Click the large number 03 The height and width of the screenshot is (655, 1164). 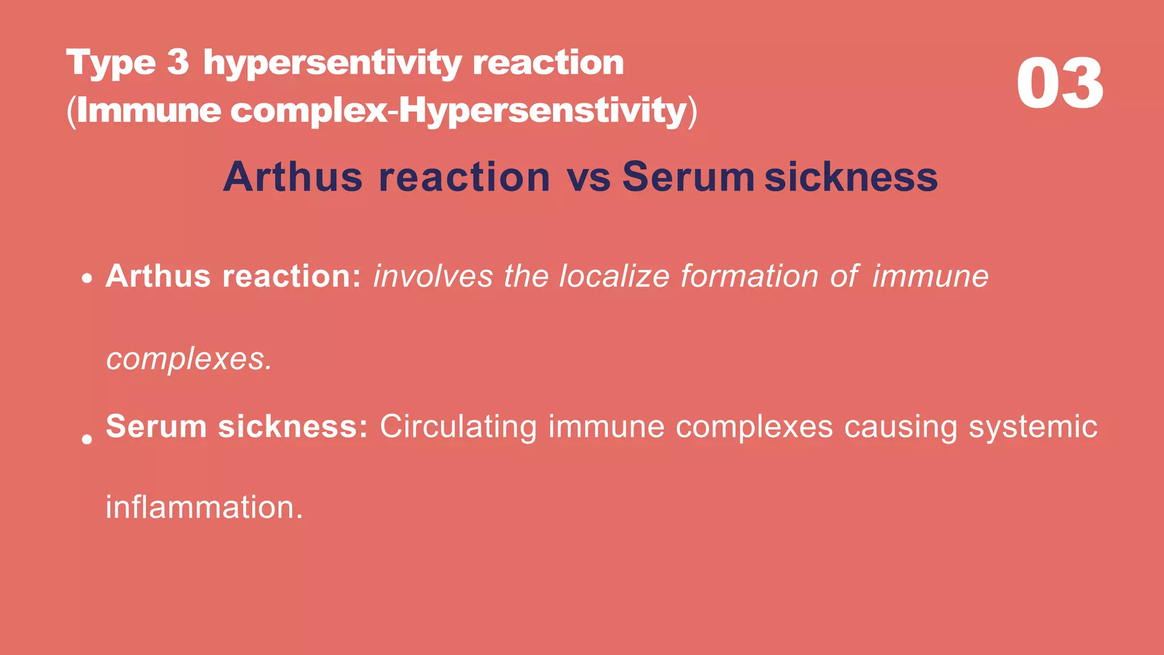tap(1060, 84)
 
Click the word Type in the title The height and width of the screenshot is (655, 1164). tap(111, 63)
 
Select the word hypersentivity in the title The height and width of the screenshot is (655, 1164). tap(332, 63)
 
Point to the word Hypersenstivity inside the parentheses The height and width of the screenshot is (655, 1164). tap(543, 111)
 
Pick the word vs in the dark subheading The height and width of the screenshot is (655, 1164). tap(588, 177)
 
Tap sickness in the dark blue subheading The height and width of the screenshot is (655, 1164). tap(851, 177)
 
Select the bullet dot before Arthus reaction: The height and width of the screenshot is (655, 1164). tap(86, 279)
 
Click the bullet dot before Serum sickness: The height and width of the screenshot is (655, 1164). tap(86, 439)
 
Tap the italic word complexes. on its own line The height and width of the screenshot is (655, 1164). tap(189, 360)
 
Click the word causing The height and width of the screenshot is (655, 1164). tap(900, 428)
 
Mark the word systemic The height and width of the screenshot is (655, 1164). tap(1033, 428)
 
